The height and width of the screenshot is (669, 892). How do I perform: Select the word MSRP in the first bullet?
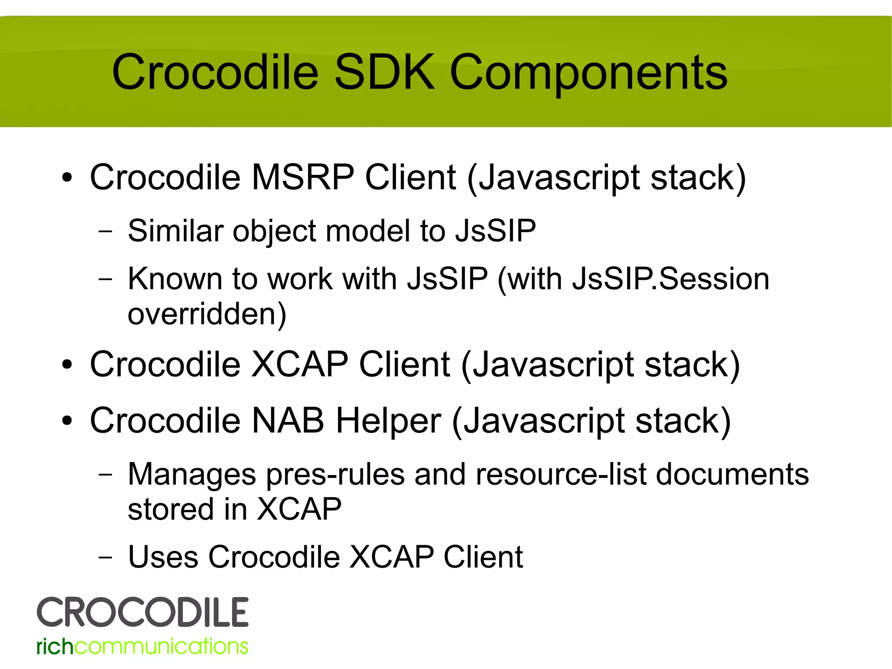(303, 177)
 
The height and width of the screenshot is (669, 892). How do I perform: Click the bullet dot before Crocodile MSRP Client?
(67, 178)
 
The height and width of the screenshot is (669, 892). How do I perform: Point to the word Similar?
(175, 231)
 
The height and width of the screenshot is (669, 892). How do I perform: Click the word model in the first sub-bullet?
(368, 231)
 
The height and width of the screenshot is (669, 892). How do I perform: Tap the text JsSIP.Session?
(671, 279)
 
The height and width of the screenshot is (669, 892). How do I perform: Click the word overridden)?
(207, 314)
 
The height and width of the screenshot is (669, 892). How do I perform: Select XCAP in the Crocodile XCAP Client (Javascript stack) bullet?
(300, 364)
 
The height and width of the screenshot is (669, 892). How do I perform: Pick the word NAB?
(288, 421)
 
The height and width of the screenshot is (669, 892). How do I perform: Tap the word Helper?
(389, 421)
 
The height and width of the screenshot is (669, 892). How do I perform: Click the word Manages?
(192, 474)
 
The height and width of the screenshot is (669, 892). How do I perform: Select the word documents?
(732, 474)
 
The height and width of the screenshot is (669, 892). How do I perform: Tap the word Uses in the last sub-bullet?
(163, 557)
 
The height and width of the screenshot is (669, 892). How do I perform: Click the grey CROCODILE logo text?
(142, 612)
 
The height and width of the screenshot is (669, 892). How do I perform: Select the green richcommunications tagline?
(142, 646)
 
